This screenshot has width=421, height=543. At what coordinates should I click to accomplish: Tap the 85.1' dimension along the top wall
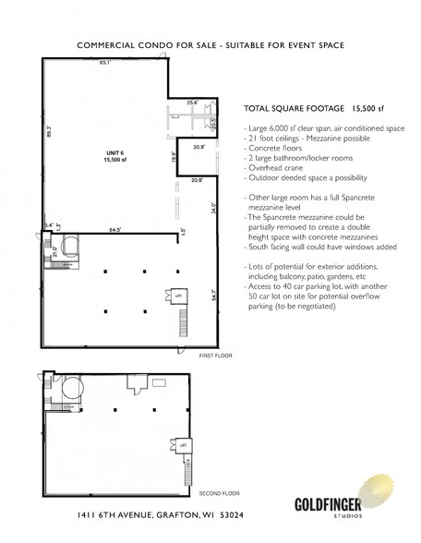107,64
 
